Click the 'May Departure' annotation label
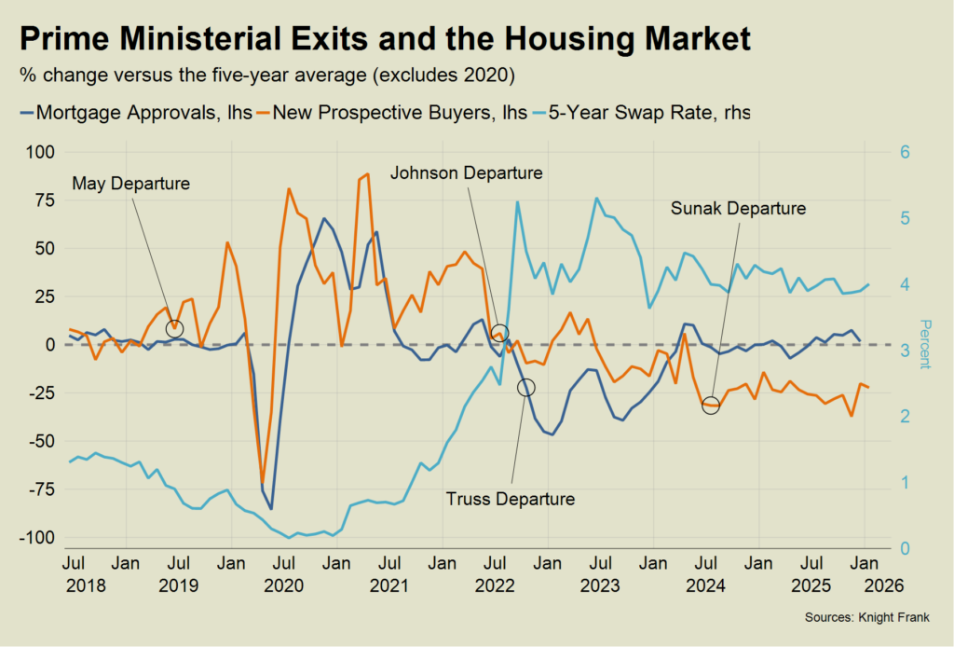130,184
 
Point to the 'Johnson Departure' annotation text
466,173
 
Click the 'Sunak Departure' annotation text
738,208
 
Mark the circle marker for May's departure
175,328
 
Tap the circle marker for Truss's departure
526,387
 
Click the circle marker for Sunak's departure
711,406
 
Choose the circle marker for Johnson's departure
499,332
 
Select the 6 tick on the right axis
903,152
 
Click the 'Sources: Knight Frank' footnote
866,618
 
